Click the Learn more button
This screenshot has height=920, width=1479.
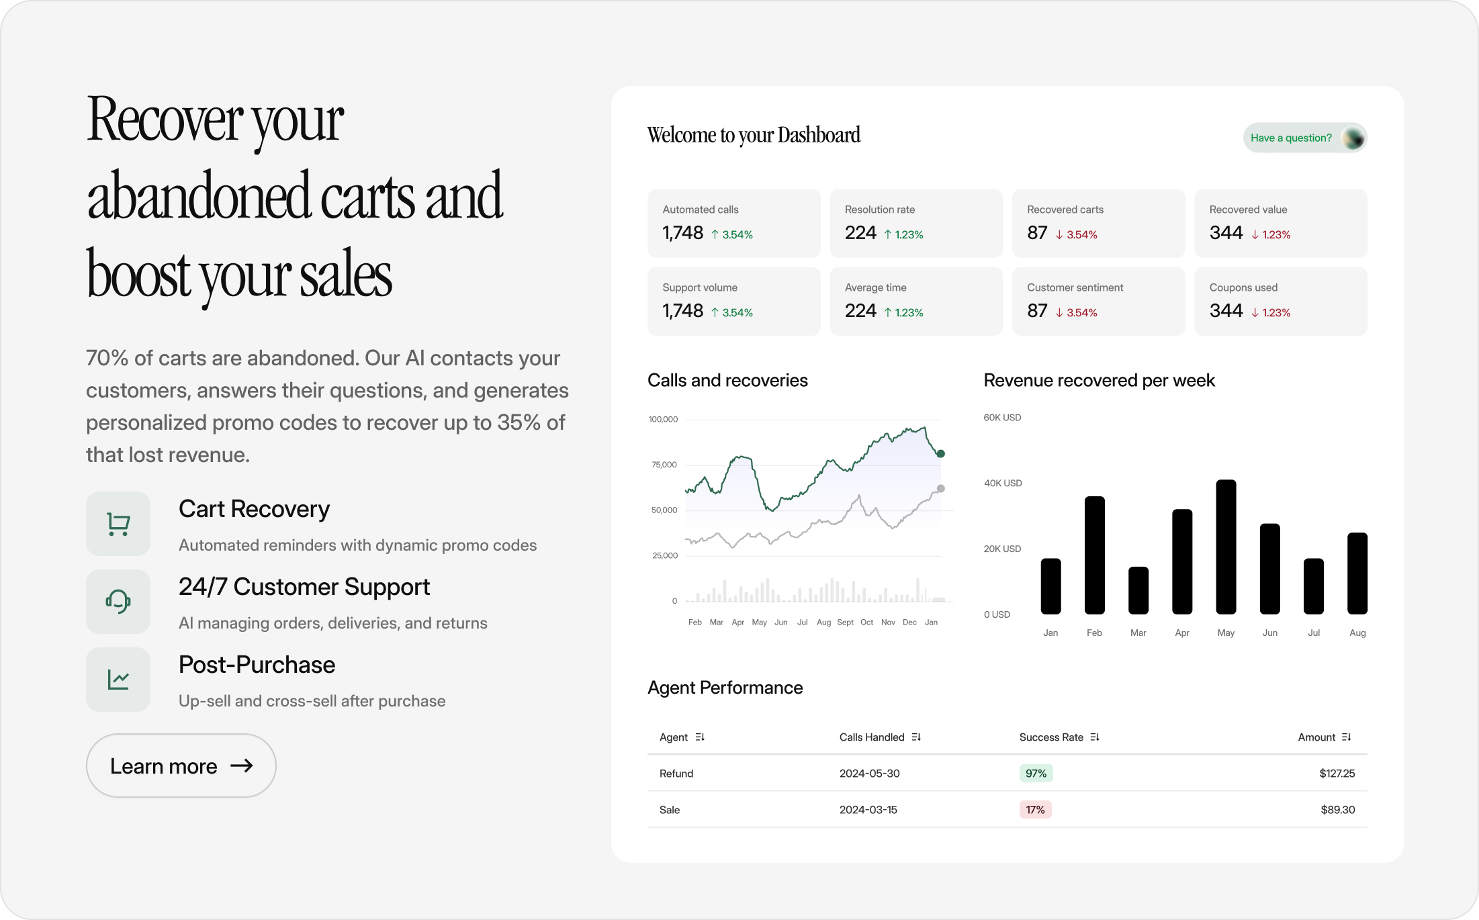[181, 766]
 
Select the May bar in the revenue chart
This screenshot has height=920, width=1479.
[1226, 547]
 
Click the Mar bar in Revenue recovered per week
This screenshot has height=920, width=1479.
[1138, 590]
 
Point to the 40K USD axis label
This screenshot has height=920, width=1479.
[1003, 483]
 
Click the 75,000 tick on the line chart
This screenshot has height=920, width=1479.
[664, 465]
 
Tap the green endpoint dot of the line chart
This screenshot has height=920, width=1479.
[940, 454]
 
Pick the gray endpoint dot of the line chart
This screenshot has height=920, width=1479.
[940, 489]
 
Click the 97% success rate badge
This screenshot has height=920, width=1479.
[1036, 774]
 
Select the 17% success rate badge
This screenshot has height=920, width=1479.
[1035, 810]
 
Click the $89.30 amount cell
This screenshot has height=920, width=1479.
[1337, 810]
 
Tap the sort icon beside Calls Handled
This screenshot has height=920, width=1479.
[916, 737]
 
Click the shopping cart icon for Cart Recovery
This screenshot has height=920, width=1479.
[118, 524]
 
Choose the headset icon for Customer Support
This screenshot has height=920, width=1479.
[118, 602]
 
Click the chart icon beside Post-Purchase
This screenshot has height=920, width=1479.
[118, 680]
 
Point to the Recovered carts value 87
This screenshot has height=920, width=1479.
[1037, 233]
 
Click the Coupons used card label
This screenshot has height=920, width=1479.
[1243, 287]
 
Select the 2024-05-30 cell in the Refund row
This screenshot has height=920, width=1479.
[869, 774]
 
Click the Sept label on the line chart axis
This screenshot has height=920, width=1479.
[845, 623]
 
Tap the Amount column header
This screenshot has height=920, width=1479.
[1316, 737]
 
